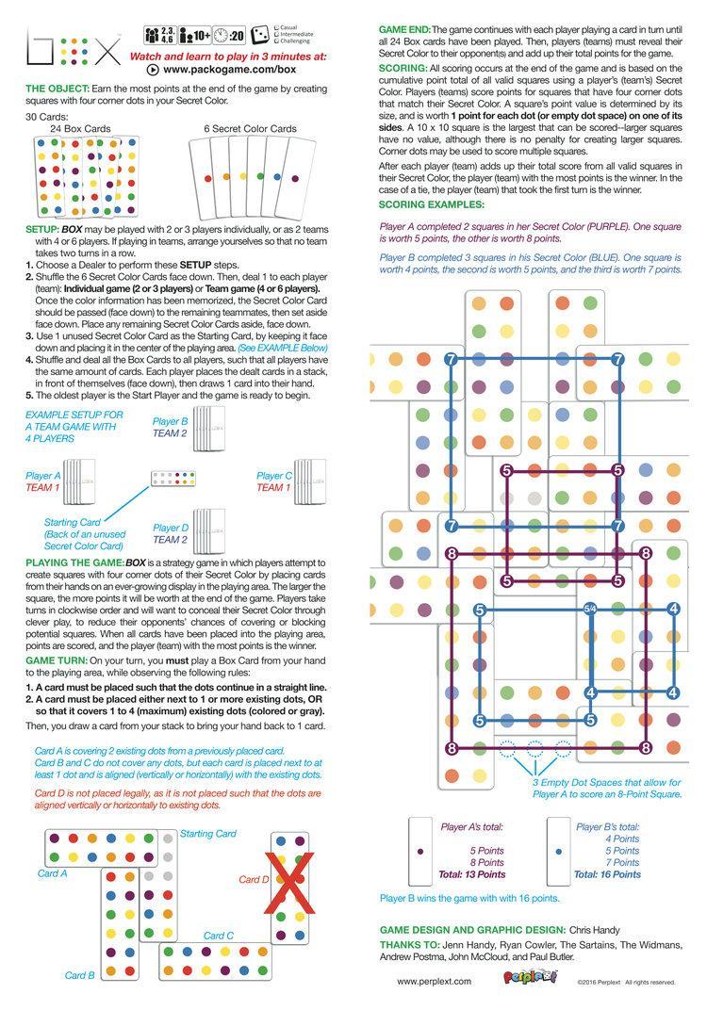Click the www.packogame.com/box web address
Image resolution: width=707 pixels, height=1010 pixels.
pyautogui.click(x=230, y=70)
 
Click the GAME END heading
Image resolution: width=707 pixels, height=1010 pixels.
pyautogui.click(x=406, y=30)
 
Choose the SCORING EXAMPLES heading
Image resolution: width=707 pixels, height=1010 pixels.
pyautogui.click(x=432, y=204)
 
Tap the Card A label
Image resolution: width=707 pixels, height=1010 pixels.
pyautogui.click(x=52, y=873)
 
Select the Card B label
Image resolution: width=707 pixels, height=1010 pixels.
pyautogui.click(x=79, y=975)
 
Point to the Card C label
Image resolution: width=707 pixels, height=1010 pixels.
pyautogui.click(x=218, y=936)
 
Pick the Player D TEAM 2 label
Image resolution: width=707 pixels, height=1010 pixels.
pyautogui.click(x=171, y=534)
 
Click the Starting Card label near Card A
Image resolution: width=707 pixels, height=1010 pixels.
pyautogui.click(x=208, y=834)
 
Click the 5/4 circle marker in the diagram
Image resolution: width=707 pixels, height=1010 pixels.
pyautogui.click(x=591, y=610)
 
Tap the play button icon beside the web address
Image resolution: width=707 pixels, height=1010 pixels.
pyautogui.click(x=153, y=70)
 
